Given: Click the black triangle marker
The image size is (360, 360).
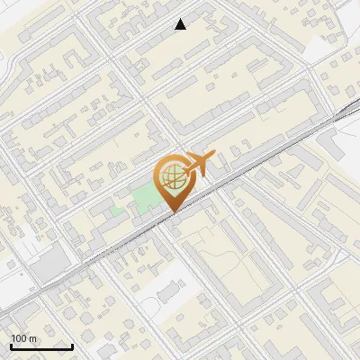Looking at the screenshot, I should [x=181, y=24].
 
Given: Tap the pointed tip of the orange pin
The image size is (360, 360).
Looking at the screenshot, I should [x=171, y=212].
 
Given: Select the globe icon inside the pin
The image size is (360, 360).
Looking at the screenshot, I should [x=171, y=177].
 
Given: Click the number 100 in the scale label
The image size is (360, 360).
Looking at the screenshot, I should [x=17, y=337].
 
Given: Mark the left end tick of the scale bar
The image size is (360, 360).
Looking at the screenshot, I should [x=11, y=346].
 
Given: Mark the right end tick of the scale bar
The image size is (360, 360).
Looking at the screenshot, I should [x=72, y=346].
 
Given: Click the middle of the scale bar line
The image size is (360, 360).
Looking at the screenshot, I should [x=41, y=347].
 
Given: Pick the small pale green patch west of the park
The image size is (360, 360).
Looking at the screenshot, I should [x=116, y=211].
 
